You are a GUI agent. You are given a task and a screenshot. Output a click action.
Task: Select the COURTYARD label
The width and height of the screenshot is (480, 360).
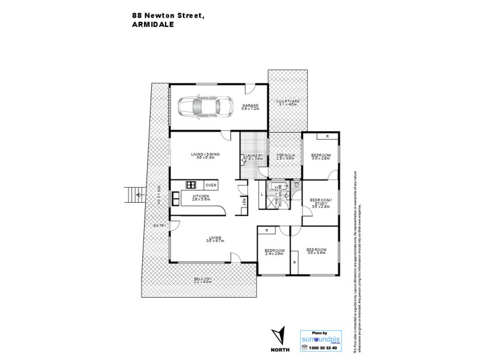pos(287,103)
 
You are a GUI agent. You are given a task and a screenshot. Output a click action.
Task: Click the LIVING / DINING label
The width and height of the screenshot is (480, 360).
pos(206,155)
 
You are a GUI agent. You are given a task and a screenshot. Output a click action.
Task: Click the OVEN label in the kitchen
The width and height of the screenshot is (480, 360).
pos(211,185)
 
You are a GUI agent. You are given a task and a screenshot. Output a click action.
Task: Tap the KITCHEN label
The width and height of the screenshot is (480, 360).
pos(201,197)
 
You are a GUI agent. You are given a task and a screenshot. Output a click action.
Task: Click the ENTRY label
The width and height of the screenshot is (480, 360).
pos(159,226)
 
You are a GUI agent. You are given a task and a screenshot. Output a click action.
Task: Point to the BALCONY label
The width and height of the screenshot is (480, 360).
pos(203,280)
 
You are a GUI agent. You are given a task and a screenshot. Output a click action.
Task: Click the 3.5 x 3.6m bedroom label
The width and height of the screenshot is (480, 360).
pos(316,251)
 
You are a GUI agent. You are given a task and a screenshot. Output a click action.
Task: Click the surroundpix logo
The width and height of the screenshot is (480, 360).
pos(323,338)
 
